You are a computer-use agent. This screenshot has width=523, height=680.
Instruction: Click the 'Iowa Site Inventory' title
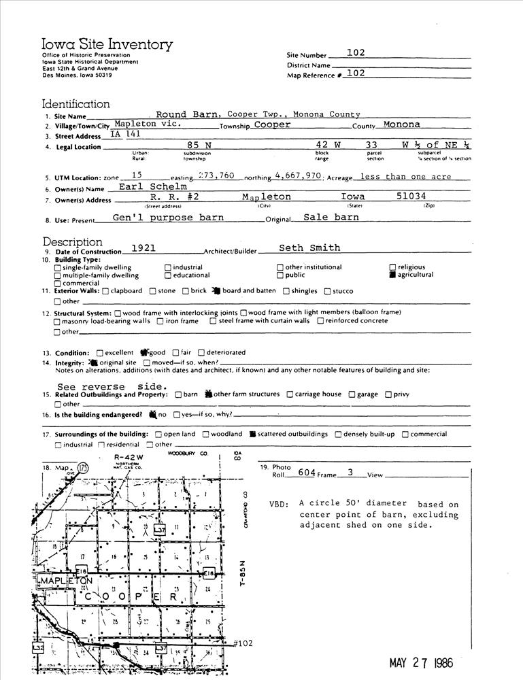tap(107, 45)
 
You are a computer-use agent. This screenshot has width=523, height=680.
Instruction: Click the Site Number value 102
tap(356, 52)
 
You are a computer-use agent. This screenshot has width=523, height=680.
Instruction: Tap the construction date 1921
tap(144, 248)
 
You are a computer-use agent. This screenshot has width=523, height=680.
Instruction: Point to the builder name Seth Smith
tap(309, 248)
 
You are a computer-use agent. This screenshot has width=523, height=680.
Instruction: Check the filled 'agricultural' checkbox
tap(392, 275)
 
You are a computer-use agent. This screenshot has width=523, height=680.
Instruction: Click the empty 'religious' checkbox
tap(392, 267)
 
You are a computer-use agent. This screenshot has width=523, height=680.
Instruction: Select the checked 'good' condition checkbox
tap(144, 353)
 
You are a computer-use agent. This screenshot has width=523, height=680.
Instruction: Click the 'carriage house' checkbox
tap(290, 394)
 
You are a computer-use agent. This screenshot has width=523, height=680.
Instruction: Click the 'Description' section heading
tap(73, 242)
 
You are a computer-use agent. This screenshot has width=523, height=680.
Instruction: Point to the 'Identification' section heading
tap(76, 104)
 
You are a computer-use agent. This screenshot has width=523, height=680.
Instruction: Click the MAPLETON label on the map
tap(66, 582)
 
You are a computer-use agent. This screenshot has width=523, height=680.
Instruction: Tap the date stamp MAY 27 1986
tap(421, 663)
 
